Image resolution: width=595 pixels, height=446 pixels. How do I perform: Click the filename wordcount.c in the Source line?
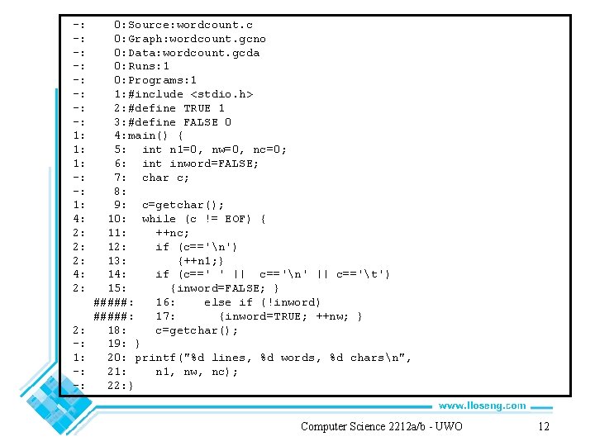215,25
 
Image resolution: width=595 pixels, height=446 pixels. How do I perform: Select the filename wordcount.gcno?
218,39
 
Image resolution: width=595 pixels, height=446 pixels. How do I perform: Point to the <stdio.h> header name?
221,94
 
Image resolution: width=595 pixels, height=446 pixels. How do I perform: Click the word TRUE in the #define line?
198,108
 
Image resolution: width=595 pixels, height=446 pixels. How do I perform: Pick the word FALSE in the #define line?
201,122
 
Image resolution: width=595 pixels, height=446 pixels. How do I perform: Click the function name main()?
147,135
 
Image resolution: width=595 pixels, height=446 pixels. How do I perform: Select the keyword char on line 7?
155,178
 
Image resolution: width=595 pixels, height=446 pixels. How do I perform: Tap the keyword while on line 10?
159,219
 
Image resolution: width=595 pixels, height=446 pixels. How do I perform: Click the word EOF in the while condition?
235,219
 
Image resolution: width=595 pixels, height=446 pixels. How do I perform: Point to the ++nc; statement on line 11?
172,233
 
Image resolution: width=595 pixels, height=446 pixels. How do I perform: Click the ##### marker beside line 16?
113,302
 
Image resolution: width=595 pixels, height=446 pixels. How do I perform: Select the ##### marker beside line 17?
113,316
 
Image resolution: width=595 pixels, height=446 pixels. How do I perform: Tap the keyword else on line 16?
217,302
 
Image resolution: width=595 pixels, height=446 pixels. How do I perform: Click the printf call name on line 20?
155,358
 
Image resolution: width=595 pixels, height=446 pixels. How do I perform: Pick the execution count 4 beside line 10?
77,219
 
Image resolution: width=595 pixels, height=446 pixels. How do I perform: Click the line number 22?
114,386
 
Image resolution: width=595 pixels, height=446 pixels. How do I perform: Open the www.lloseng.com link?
483,406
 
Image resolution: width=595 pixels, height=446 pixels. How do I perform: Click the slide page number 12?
544,426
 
